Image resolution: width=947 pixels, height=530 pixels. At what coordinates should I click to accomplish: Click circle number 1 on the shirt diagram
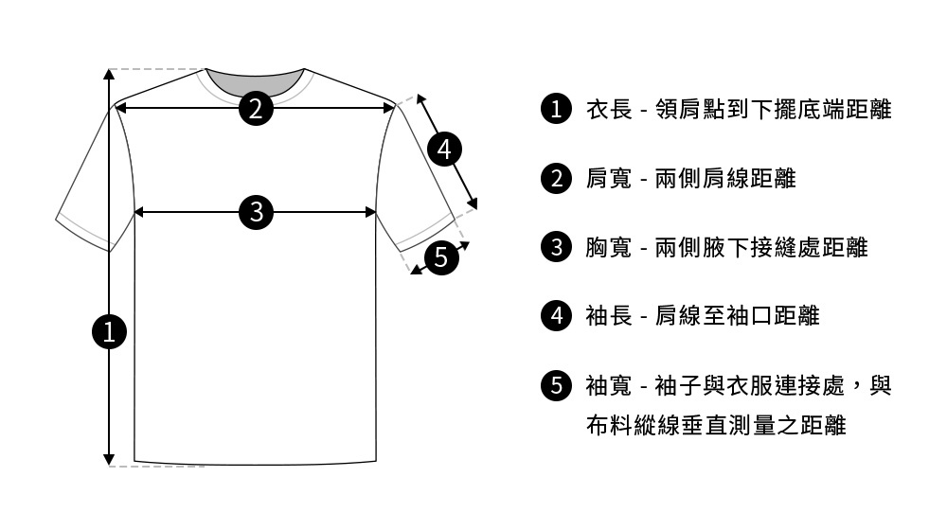pos(110,331)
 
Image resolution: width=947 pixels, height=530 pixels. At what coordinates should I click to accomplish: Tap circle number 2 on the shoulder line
pos(256,108)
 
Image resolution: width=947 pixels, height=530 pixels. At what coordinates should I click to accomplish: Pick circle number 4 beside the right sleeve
pos(445,149)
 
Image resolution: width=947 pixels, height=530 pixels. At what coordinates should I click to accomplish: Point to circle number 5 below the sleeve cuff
pos(439,256)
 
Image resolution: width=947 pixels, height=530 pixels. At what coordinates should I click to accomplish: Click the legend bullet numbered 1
pos(555,110)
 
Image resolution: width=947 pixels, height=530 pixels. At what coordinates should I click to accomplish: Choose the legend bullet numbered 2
pos(555,178)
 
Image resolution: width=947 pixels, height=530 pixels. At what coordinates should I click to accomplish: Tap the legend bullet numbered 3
pos(555,247)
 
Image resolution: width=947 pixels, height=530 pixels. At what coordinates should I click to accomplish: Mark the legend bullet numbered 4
pos(555,315)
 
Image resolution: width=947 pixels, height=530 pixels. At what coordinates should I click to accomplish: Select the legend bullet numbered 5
pos(555,384)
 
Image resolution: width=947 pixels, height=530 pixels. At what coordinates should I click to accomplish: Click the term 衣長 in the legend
pos(609,110)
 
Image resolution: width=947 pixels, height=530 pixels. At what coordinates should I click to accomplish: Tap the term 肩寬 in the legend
pos(609,178)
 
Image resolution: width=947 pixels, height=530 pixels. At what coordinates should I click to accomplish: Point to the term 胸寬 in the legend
pos(609,247)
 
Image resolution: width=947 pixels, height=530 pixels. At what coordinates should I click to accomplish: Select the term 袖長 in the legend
pos(609,315)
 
